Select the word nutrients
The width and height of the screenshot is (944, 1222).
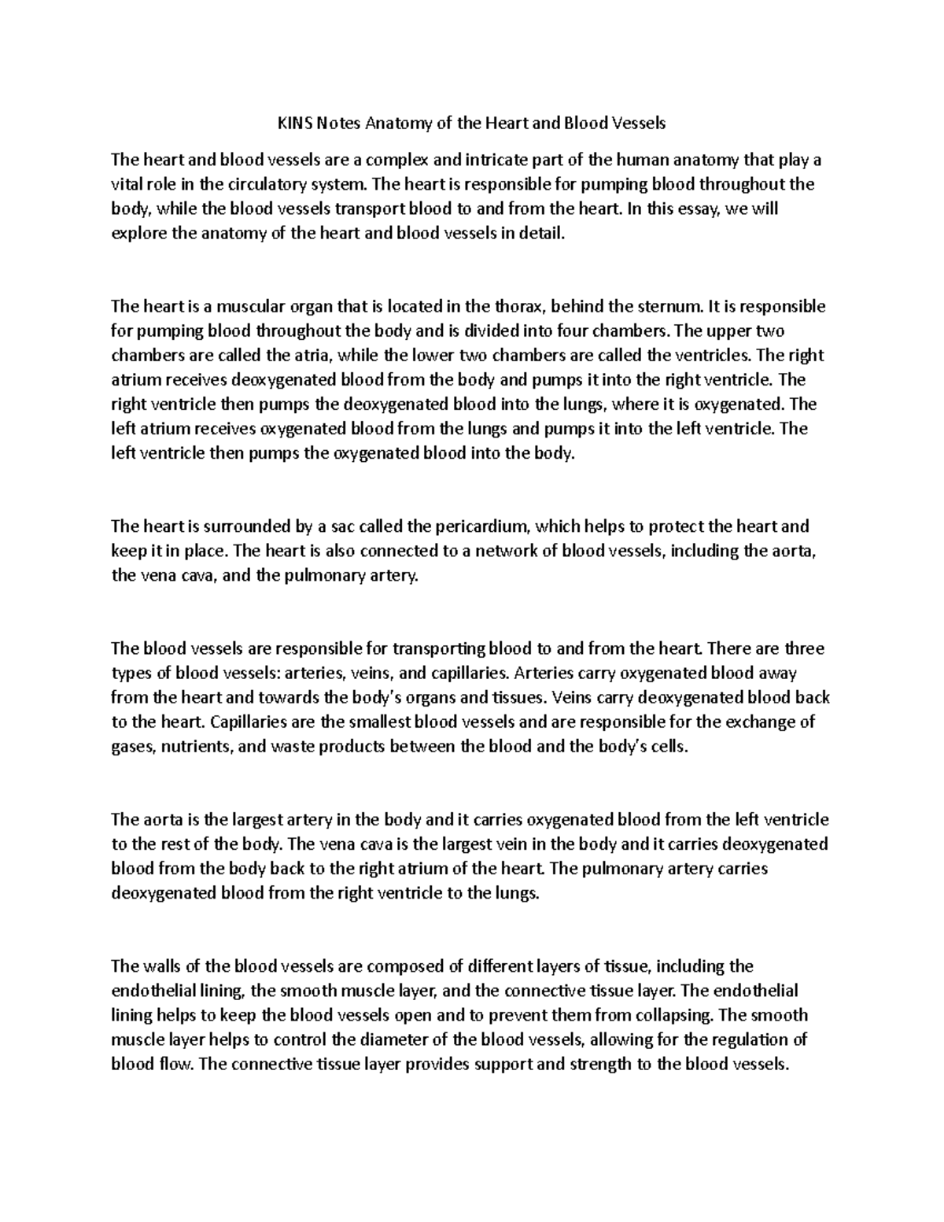tap(197, 747)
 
